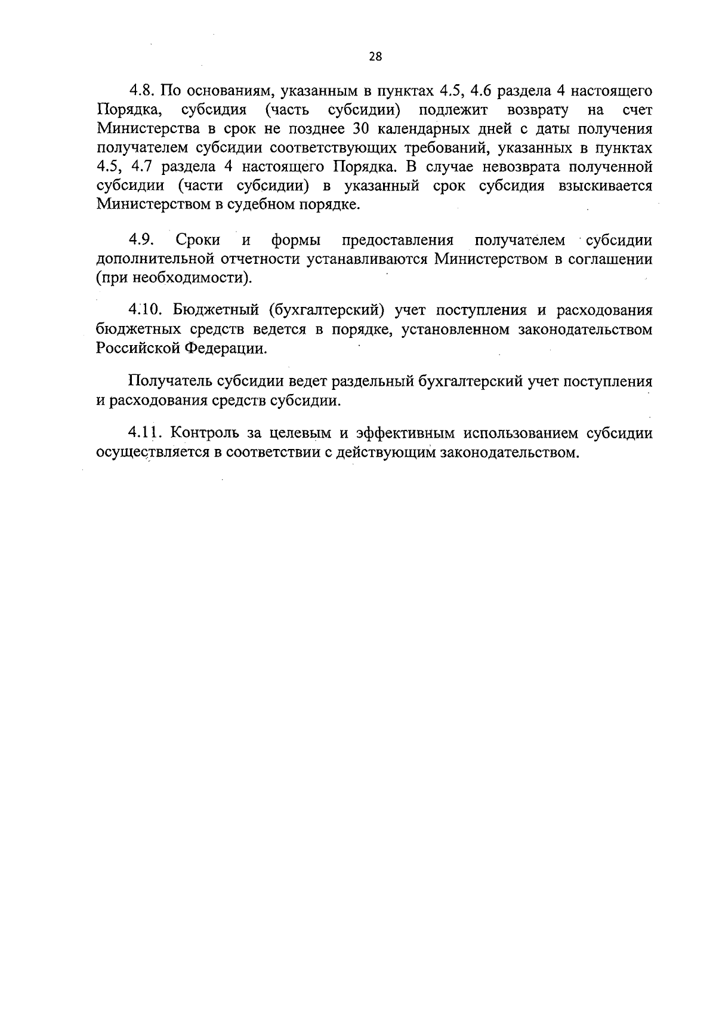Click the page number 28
(375, 57)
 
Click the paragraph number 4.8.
(143, 91)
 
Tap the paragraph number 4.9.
(142, 240)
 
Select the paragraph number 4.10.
(146, 310)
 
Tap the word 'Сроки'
(198, 240)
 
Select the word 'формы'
(297, 241)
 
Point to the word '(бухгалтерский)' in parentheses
(326, 310)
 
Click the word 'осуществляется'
(151, 453)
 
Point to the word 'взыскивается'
(605, 186)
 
